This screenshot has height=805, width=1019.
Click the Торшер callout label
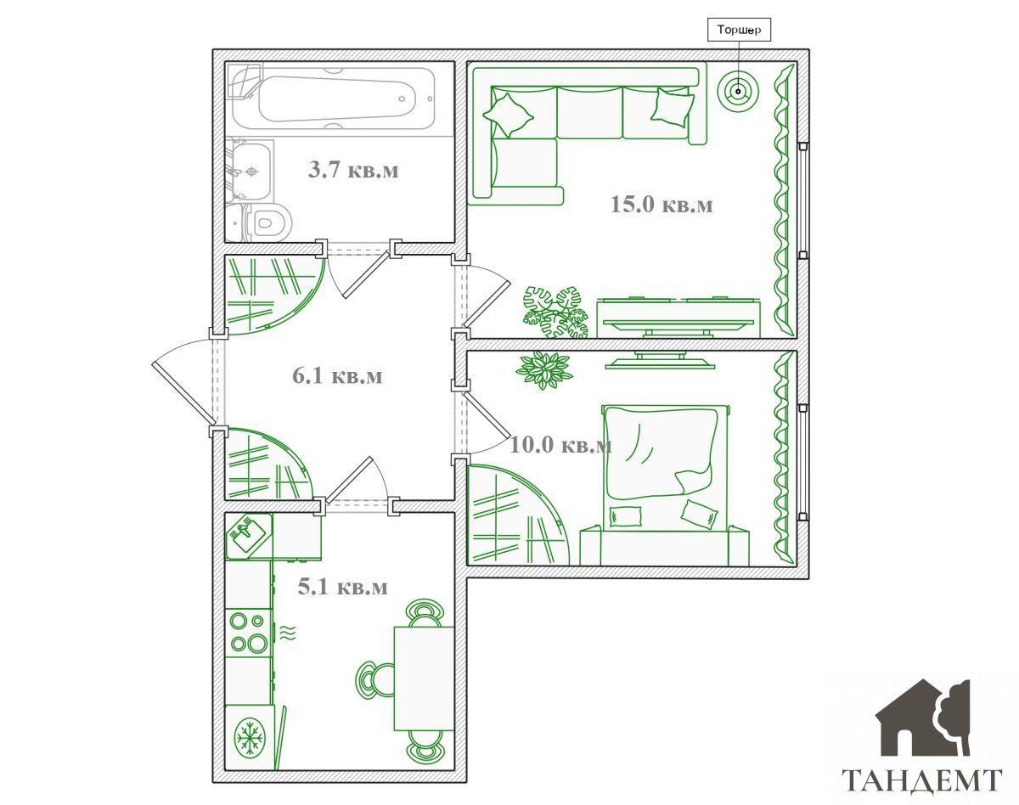tap(739, 30)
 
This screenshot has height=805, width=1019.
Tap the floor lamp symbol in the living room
tap(738, 91)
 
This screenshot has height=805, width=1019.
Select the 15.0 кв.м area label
tap(661, 204)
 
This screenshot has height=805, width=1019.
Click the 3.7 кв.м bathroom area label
tap(353, 170)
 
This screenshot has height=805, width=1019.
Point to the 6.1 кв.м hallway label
tap(337, 375)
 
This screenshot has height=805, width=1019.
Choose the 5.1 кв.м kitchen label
tap(342, 587)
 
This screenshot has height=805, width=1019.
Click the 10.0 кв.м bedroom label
tap(560, 445)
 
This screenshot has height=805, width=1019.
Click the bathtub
tap(336, 99)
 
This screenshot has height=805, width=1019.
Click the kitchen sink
tap(249, 536)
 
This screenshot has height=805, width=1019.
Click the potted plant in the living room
tap(555, 312)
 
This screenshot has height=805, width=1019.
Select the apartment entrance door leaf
tap(183, 392)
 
